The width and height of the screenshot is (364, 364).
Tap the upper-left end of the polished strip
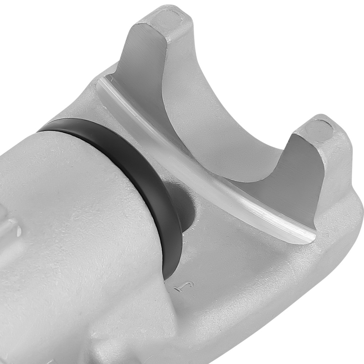102,82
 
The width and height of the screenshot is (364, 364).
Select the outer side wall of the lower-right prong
342,164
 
